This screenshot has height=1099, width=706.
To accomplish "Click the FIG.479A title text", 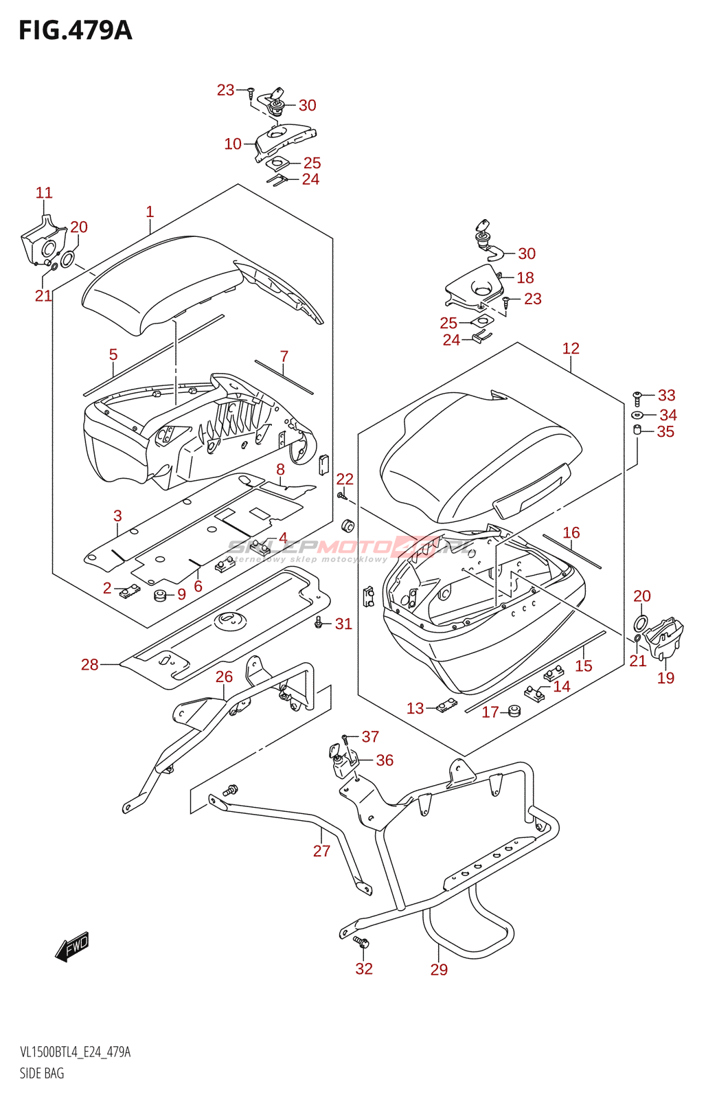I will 76,31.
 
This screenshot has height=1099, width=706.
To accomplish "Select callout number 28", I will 90,664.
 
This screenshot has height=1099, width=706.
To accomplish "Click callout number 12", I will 571,348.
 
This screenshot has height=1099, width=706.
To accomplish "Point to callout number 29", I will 439,969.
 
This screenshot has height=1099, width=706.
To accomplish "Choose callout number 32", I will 364,968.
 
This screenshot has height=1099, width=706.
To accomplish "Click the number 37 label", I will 370,736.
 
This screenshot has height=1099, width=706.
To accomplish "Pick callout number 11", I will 44,193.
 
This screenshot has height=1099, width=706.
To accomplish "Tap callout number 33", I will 666,395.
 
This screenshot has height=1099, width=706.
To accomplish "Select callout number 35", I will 665,431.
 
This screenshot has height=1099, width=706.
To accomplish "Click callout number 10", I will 233,144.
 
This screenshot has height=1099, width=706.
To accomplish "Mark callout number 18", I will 525,277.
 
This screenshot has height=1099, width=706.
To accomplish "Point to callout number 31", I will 343,624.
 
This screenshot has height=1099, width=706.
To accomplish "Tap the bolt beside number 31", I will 318,622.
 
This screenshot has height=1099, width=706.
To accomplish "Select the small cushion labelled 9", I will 160,594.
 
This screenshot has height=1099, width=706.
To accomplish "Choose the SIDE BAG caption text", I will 42,1073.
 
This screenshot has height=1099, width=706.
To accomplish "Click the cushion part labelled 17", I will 513,710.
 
